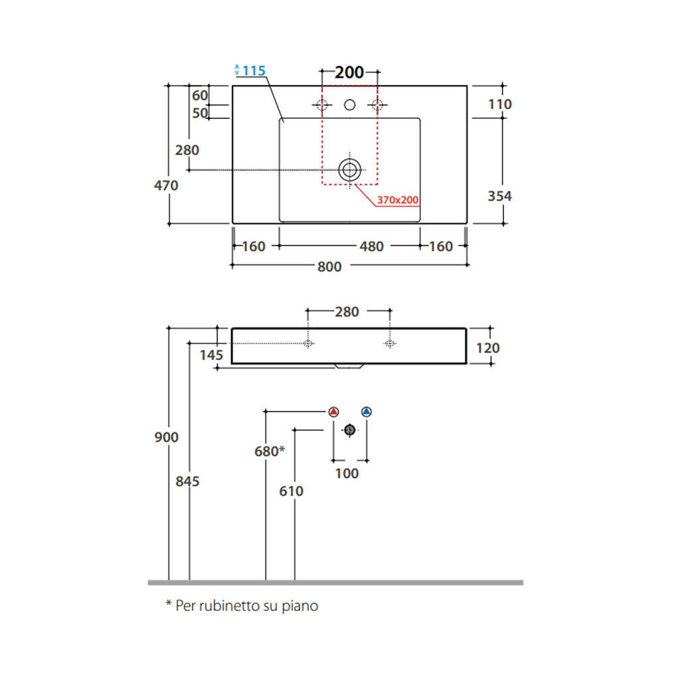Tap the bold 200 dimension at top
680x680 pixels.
click(349, 72)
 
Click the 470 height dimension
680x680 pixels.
click(166, 185)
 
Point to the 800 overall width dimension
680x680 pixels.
click(329, 266)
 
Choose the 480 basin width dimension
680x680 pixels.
click(371, 246)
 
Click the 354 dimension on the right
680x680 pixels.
click(499, 196)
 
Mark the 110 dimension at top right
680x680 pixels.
click(499, 104)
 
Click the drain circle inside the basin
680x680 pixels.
click(349, 169)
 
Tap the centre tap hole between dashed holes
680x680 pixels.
click(349, 105)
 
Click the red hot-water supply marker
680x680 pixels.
click(334, 412)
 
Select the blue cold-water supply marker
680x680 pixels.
click(367, 412)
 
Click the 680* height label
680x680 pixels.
click(270, 452)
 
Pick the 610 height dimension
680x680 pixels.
click(292, 491)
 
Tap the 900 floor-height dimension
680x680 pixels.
click(166, 437)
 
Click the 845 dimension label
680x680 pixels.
click(188, 481)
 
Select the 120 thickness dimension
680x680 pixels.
click(488, 348)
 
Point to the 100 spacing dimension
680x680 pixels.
click(347, 473)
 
